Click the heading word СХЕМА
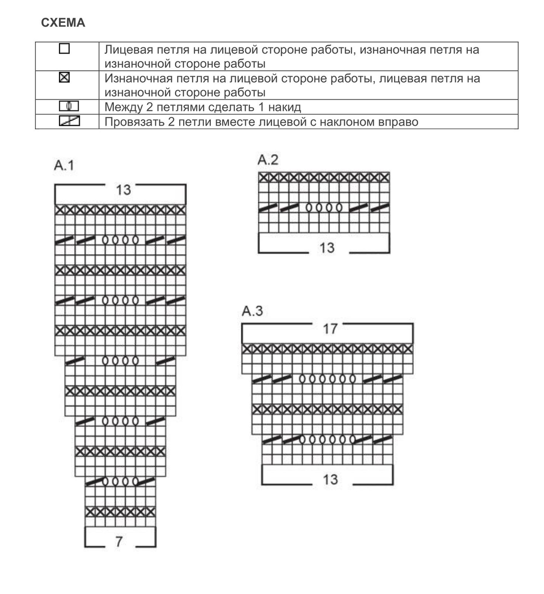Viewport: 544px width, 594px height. point(63,23)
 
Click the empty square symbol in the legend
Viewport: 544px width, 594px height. point(64,49)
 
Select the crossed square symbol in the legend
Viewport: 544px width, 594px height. point(64,78)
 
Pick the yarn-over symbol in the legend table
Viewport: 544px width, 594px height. point(69,106)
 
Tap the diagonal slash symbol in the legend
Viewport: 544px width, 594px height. point(69,121)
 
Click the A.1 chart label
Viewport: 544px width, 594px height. point(63,166)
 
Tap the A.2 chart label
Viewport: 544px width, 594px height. point(268,159)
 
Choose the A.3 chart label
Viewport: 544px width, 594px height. point(252,311)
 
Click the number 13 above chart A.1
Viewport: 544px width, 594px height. point(123,190)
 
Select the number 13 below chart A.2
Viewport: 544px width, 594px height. point(327,247)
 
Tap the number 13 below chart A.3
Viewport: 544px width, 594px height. point(330,479)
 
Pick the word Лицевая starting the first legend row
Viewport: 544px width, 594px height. point(126,49)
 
